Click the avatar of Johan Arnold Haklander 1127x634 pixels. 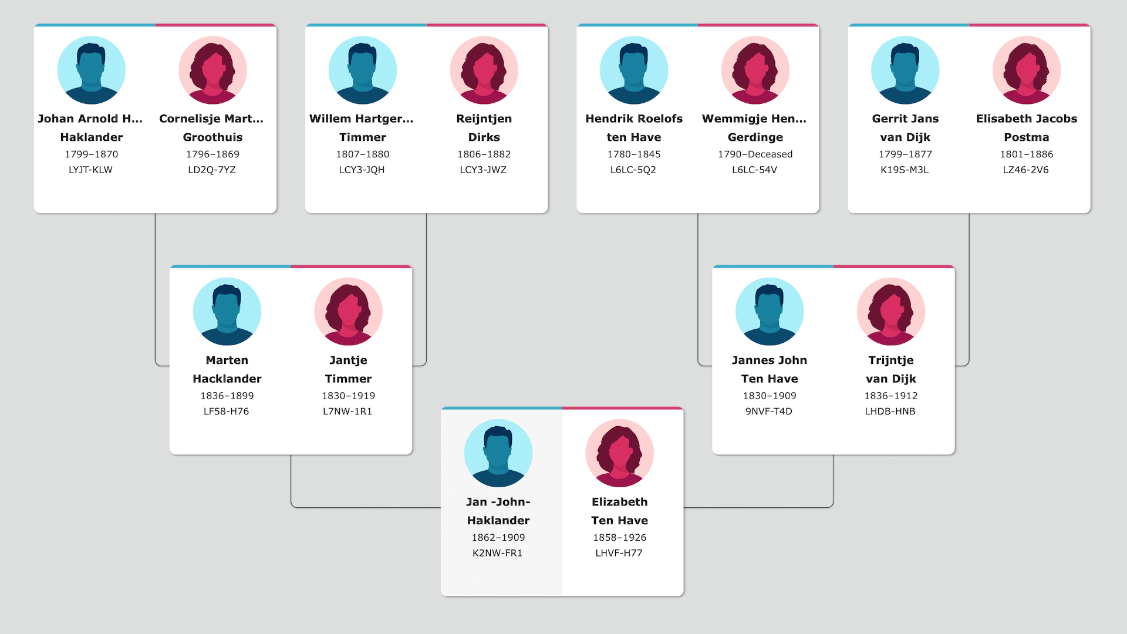(x=91, y=70)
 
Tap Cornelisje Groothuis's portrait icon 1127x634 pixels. (x=212, y=70)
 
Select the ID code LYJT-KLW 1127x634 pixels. (x=90, y=170)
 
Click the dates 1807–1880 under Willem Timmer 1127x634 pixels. (x=363, y=154)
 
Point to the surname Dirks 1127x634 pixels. (x=484, y=137)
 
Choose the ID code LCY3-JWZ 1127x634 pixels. (x=483, y=170)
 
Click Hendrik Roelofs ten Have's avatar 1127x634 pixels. (x=634, y=70)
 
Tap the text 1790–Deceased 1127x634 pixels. (x=755, y=154)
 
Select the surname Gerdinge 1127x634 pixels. (x=755, y=137)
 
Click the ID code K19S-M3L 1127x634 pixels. (x=905, y=170)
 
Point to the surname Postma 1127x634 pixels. (x=1027, y=137)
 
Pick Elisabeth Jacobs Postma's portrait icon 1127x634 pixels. (x=1027, y=70)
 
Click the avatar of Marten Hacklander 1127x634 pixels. (x=227, y=312)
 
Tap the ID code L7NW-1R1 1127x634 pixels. (x=347, y=412)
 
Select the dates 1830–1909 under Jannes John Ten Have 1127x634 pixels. (x=770, y=396)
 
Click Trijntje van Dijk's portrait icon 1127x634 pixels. (x=891, y=312)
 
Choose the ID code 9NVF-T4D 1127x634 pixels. (x=769, y=412)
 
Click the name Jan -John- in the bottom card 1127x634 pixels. (x=498, y=502)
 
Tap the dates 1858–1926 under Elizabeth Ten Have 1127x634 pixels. (x=620, y=538)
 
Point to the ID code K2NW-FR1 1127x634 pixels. (x=498, y=553)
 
